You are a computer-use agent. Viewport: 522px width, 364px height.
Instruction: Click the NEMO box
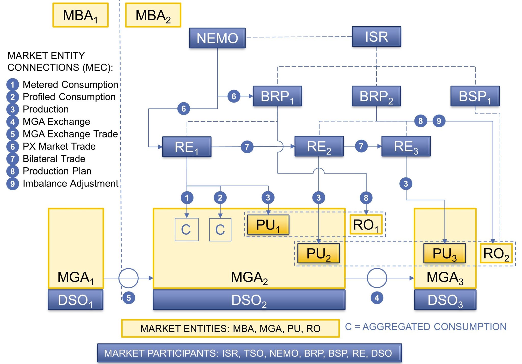pyautogui.click(x=217, y=38)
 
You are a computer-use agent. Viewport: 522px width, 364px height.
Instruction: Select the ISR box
pyautogui.click(x=376, y=36)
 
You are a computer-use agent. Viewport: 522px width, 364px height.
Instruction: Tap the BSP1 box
pyautogui.click(x=475, y=96)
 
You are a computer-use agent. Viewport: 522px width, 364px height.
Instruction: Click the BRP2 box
pyautogui.click(x=376, y=96)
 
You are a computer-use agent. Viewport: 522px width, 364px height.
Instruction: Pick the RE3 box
pyautogui.click(x=406, y=146)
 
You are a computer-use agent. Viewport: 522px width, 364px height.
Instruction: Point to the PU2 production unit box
pyautogui.click(x=318, y=253)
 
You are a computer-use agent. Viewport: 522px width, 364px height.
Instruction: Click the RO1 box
pyautogui.click(x=366, y=225)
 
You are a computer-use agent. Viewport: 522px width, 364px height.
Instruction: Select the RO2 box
pyautogui.click(x=496, y=253)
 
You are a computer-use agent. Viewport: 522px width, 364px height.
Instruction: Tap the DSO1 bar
pyautogui.click(x=75, y=300)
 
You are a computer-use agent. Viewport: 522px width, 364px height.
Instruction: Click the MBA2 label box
pyautogui.click(x=153, y=15)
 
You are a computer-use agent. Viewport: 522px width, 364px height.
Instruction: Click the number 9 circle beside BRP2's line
pyautogui.click(x=439, y=121)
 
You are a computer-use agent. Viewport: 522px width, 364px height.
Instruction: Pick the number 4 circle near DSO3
pyautogui.click(x=377, y=298)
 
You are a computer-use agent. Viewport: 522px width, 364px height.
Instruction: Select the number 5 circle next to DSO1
pyautogui.click(x=128, y=298)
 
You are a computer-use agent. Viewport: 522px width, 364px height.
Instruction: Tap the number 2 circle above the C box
pyautogui.click(x=220, y=198)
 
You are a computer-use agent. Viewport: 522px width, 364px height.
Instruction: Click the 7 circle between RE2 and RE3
pyautogui.click(x=361, y=146)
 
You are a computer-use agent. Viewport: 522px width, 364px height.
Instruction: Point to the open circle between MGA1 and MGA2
pyautogui.click(x=128, y=278)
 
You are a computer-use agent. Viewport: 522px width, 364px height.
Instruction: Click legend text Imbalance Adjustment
pyautogui.click(x=70, y=183)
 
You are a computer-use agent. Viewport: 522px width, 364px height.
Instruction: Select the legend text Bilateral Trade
pyautogui.click(x=54, y=159)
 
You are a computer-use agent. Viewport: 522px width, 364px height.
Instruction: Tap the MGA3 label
pyautogui.click(x=445, y=277)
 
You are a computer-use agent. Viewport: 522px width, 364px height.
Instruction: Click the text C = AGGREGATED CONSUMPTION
pyautogui.click(x=425, y=327)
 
